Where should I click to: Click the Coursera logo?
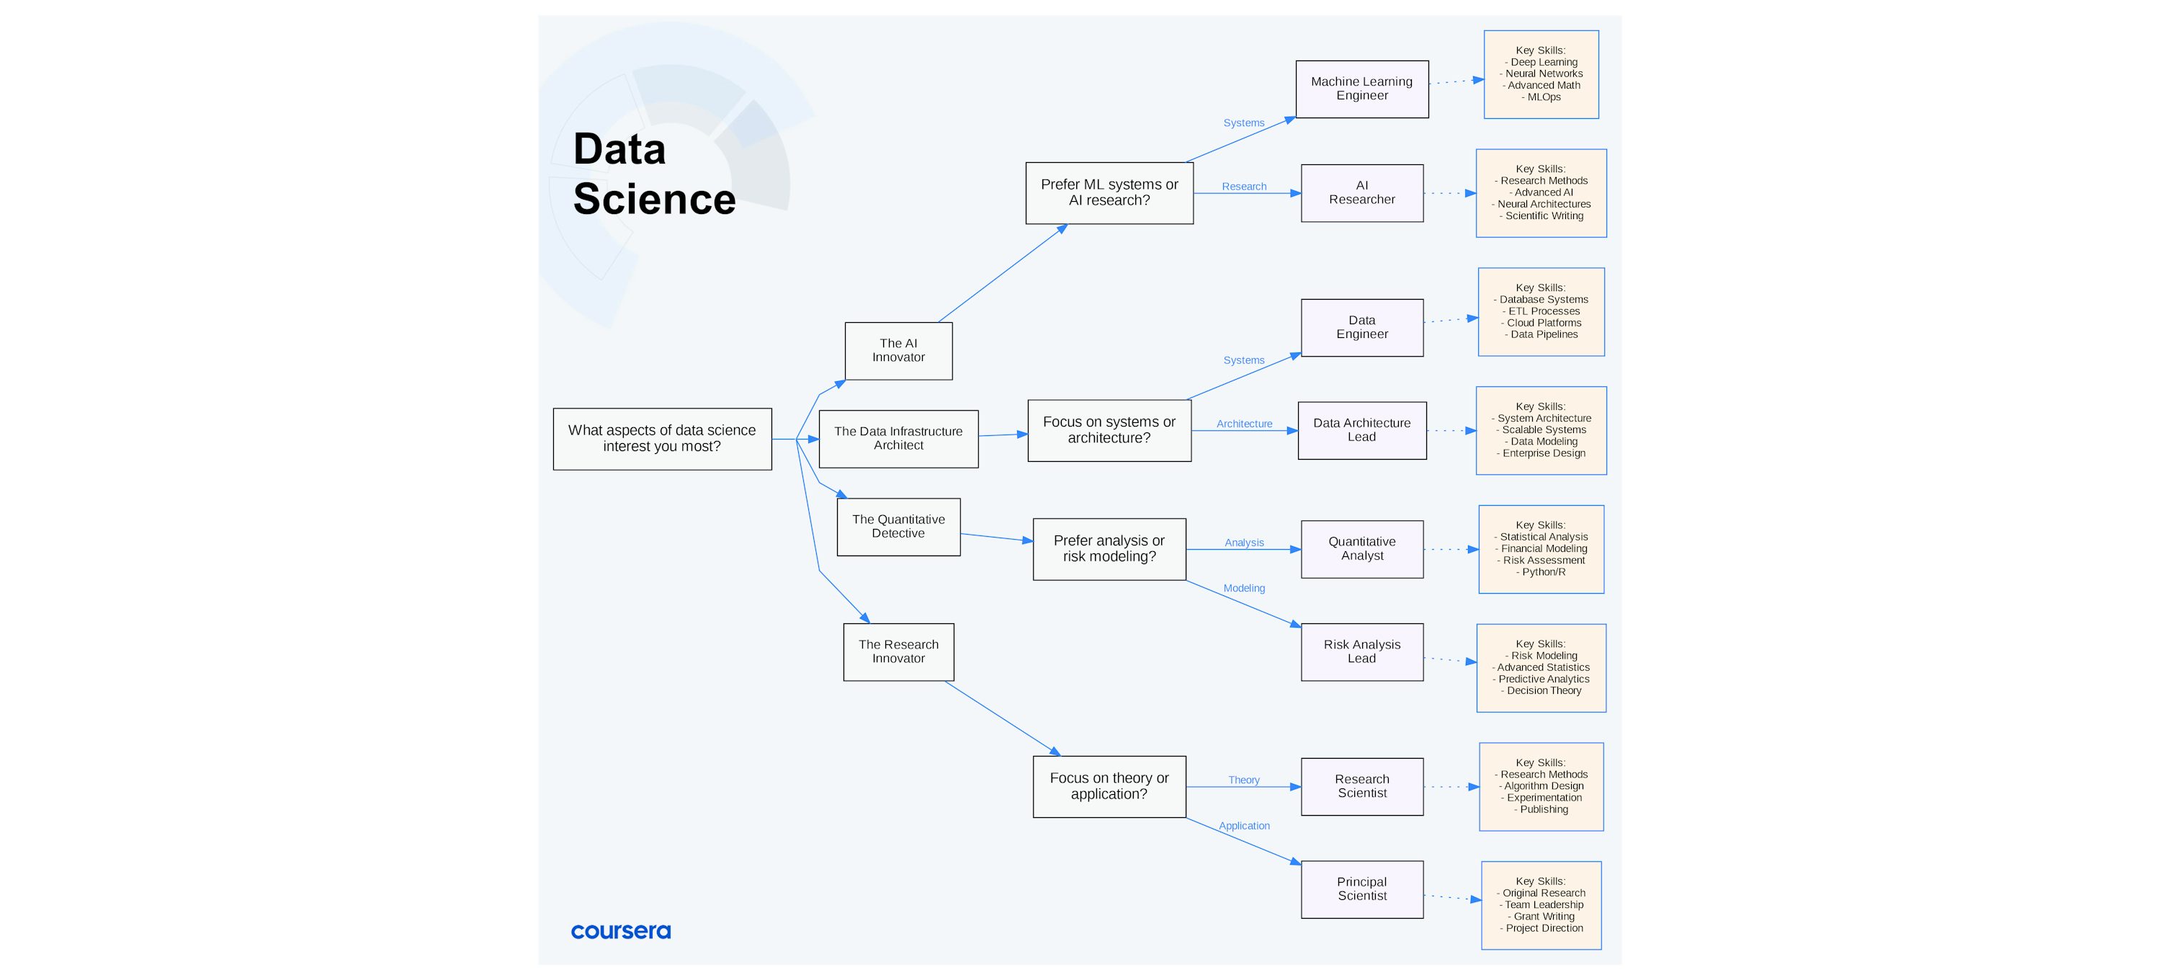[x=620, y=931]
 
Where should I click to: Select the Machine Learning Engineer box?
[x=1361, y=89]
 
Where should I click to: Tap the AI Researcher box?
[x=1361, y=193]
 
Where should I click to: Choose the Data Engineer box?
[x=1361, y=327]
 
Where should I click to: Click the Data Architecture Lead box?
[x=1361, y=430]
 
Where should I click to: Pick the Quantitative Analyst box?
[x=1361, y=549]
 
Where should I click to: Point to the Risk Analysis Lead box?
[x=1361, y=652]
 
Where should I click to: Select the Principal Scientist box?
[x=1361, y=889]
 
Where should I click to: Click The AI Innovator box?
[x=898, y=351]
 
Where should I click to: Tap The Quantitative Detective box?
[x=898, y=527]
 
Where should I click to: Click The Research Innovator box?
[x=898, y=652]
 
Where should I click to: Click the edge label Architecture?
[x=1244, y=424]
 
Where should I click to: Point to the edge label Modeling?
[x=1243, y=588]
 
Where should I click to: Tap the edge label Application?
[x=1243, y=826]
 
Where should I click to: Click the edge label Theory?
[x=1243, y=780]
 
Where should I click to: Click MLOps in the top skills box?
[x=1544, y=97]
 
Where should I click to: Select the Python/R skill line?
[x=1543, y=572]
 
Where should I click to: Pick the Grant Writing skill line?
[x=1543, y=917]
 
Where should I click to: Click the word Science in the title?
[x=653, y=200]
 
